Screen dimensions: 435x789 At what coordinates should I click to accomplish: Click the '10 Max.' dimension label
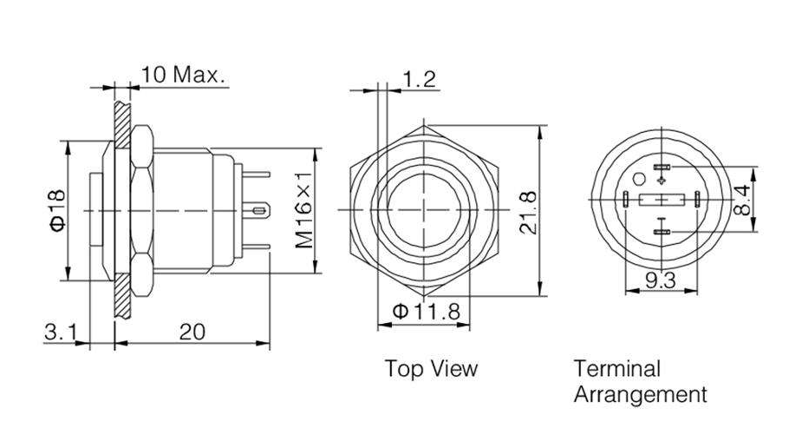(x=183, y=74)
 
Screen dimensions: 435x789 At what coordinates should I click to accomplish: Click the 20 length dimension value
(x=192, y=332)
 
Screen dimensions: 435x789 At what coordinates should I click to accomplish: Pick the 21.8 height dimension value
(x=528, y=211)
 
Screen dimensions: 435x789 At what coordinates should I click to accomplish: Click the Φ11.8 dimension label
(x=425, y=312)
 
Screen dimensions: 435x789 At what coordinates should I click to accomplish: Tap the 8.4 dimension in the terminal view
(x=745, y=200)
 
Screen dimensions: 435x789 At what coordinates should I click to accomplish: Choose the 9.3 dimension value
(x=662, y=280)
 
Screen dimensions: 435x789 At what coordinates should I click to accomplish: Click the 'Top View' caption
(x=431, y=368)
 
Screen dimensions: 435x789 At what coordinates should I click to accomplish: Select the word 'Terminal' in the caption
(x=616, y=368)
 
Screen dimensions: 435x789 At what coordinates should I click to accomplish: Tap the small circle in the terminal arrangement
(x=640, y=181)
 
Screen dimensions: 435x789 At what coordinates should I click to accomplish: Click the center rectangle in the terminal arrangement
(x=662, y=201)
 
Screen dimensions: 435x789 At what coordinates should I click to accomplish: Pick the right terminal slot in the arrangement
(x=697, y=201)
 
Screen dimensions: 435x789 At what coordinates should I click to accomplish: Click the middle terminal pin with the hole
(x=259, y=210)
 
